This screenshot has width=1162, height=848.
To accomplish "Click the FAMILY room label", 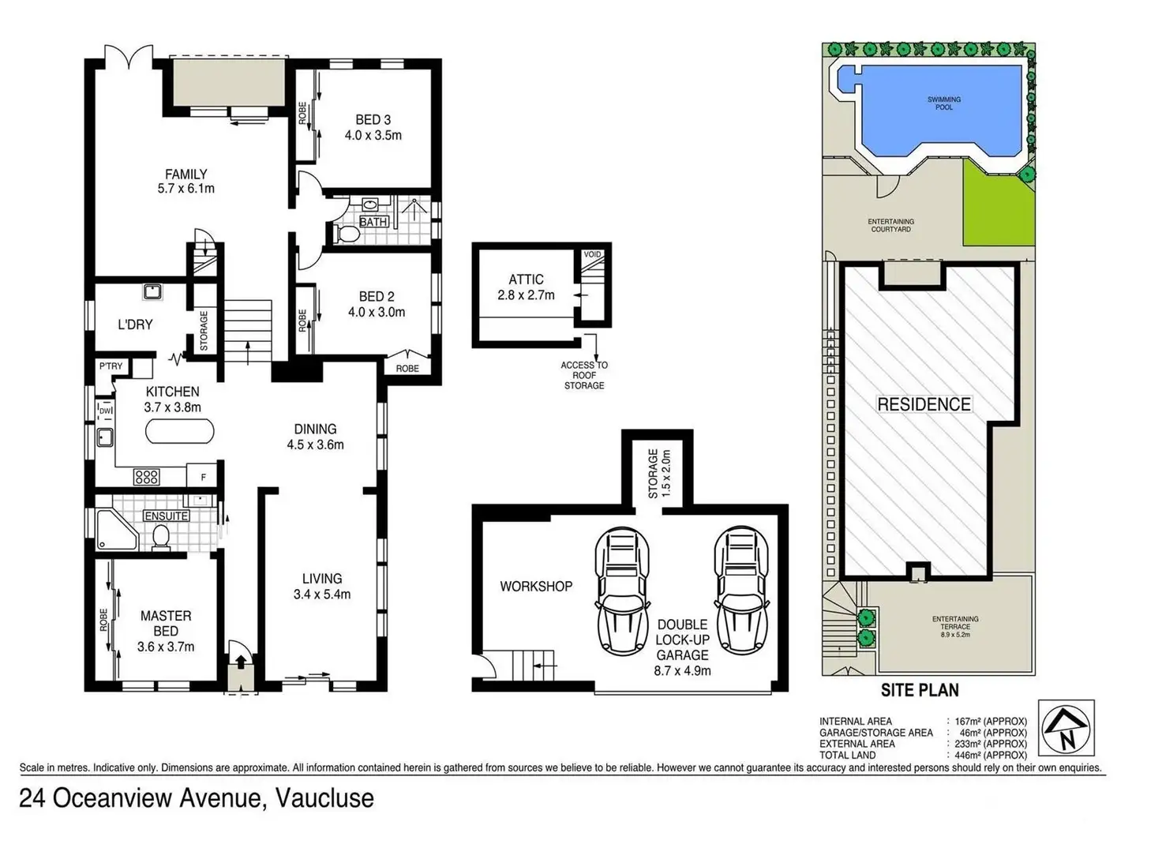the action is click(x=186, y=174).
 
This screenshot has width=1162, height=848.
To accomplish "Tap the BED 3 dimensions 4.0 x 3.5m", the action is click(x=373, y=136).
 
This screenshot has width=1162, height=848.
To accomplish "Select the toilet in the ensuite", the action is click(x=161, y=537).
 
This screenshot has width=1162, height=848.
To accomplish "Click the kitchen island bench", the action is click(x=179, y=431).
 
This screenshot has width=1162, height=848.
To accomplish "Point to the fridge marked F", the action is click(x=204, y=477).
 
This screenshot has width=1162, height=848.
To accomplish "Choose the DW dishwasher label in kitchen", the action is click(x=105, y=411).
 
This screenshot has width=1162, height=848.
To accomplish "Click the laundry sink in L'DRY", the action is click(x=152, y=292).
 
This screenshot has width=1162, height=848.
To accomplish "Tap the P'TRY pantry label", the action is click(x=111, y=366).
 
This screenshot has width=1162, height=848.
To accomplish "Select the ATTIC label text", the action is click(x=526, y=280).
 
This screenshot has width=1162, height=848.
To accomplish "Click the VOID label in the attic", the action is click(x=592, y=254).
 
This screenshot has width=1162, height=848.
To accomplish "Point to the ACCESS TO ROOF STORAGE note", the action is click(x=584, y=375).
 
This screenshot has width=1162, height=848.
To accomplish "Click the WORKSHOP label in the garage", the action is click(x=536, y=587).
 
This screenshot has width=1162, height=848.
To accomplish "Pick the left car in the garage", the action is click(x=622, y=591).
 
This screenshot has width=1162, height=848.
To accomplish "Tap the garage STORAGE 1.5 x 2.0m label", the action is click(x=659, y=473).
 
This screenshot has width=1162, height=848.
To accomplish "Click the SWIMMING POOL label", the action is click(x=943, y=103).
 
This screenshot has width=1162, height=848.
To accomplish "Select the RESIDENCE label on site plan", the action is click(x=924, y=404).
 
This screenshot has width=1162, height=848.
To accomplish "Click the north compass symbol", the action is click(x=1066, y=728).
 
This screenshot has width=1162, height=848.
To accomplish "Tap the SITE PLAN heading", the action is click(x=920, y=690).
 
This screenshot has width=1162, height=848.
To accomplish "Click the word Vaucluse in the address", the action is click(x=324, y=798).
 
